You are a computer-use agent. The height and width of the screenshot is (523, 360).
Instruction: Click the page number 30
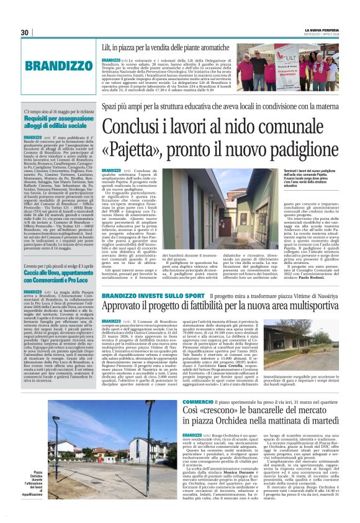[x=24, y=32]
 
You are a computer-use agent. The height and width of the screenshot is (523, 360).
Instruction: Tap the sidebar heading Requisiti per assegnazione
[x=53, y=118]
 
